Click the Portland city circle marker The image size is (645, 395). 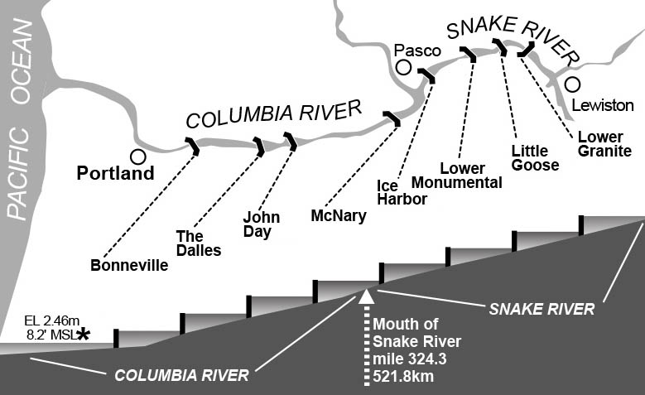click(138, 156)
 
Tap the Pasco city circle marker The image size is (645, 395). click(403, 68)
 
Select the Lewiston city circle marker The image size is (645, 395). click(572, 84)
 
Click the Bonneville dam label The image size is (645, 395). click(129, 266)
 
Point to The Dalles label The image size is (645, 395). click(199, 243)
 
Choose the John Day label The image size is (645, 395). click(261, 224)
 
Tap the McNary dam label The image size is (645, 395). click(338, 215)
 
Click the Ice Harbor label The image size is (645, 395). click(402, 192)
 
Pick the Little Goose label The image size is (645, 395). click(535, 158)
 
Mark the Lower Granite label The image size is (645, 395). click(601, 144)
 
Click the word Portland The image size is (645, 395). click(115, 174)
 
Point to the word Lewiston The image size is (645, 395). click(602, 105)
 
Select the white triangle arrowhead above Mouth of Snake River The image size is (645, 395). click(365, 296)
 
